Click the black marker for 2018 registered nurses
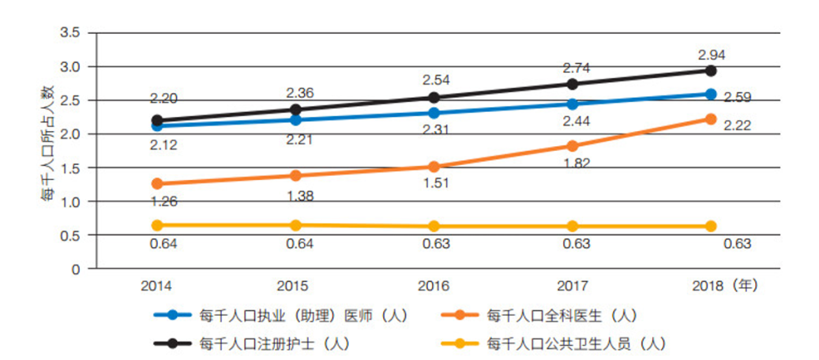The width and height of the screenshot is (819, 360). point(710,70)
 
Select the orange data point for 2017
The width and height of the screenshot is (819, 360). point(573,146)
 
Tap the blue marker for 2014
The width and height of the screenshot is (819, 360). point(157,126)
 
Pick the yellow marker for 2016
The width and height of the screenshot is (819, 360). point(434,227)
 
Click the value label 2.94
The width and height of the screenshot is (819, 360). point(711,54)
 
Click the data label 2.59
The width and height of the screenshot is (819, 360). point(737,99)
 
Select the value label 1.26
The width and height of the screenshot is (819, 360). point(163,201)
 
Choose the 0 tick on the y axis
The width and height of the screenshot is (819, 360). point(76,268)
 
